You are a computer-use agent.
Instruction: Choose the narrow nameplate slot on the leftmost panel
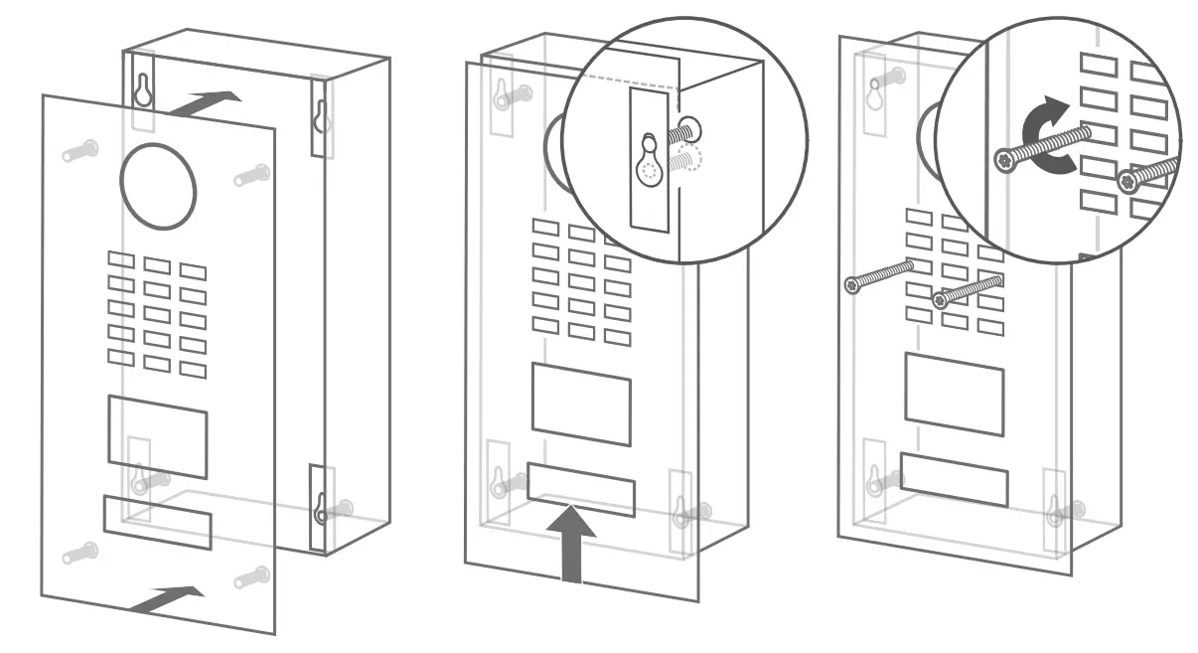click(157, 522)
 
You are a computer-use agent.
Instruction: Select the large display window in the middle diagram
click(581, 403)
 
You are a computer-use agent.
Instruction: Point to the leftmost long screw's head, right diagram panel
click(852, 285)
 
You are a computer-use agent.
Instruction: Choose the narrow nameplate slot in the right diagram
click(954, 479)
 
